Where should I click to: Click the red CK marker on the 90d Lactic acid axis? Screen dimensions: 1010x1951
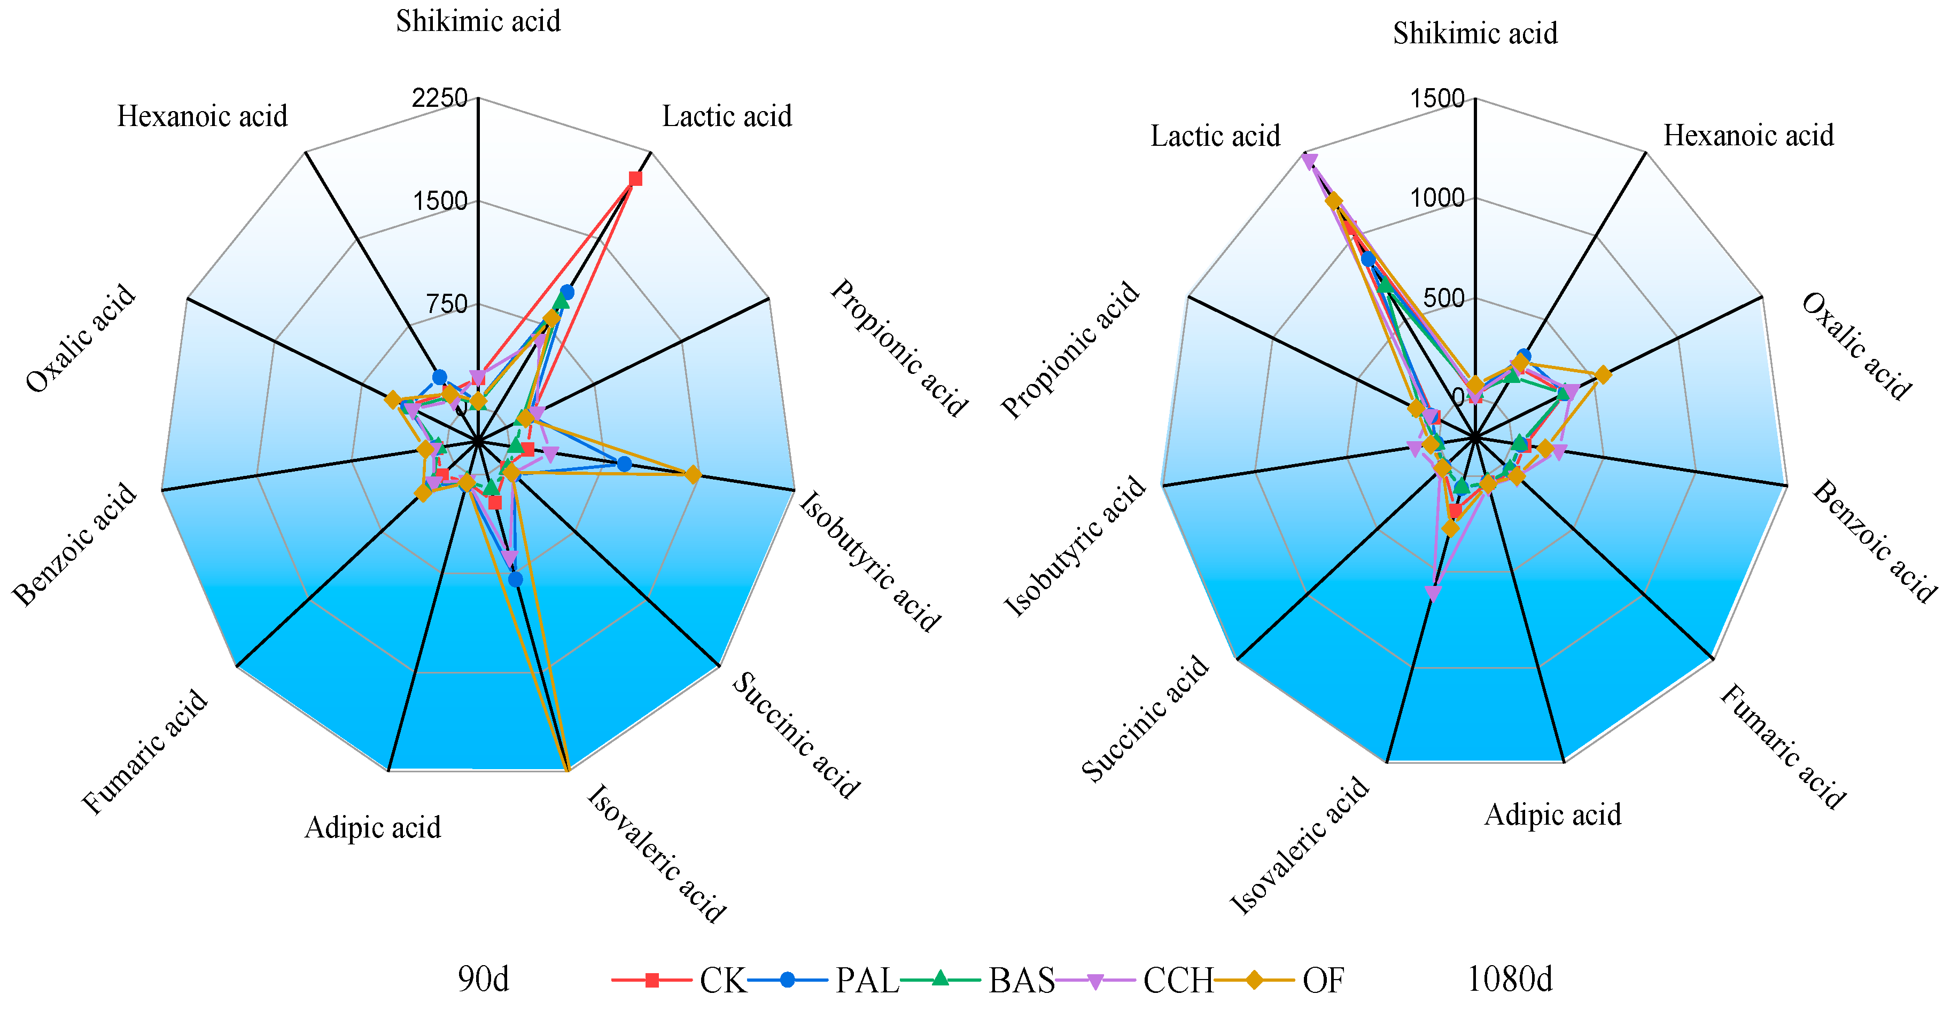[635, 179]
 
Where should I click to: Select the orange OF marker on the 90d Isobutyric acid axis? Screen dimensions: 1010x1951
[692, 475]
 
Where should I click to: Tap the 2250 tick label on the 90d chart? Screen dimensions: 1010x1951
[439, 98]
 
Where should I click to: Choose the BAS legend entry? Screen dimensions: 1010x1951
[1021, 981]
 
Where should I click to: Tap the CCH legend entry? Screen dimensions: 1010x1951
[1178, 981]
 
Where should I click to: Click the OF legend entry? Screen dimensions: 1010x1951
[1323, 981]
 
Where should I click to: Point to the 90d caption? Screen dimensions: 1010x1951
[483, 979]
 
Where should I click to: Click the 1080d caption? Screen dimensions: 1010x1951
[1510, 979]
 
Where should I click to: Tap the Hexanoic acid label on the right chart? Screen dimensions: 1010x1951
[1748, 136]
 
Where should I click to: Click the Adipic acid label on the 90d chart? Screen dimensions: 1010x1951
[372, 827]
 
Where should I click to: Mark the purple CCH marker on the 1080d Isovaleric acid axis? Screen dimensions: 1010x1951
[1433, 593]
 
